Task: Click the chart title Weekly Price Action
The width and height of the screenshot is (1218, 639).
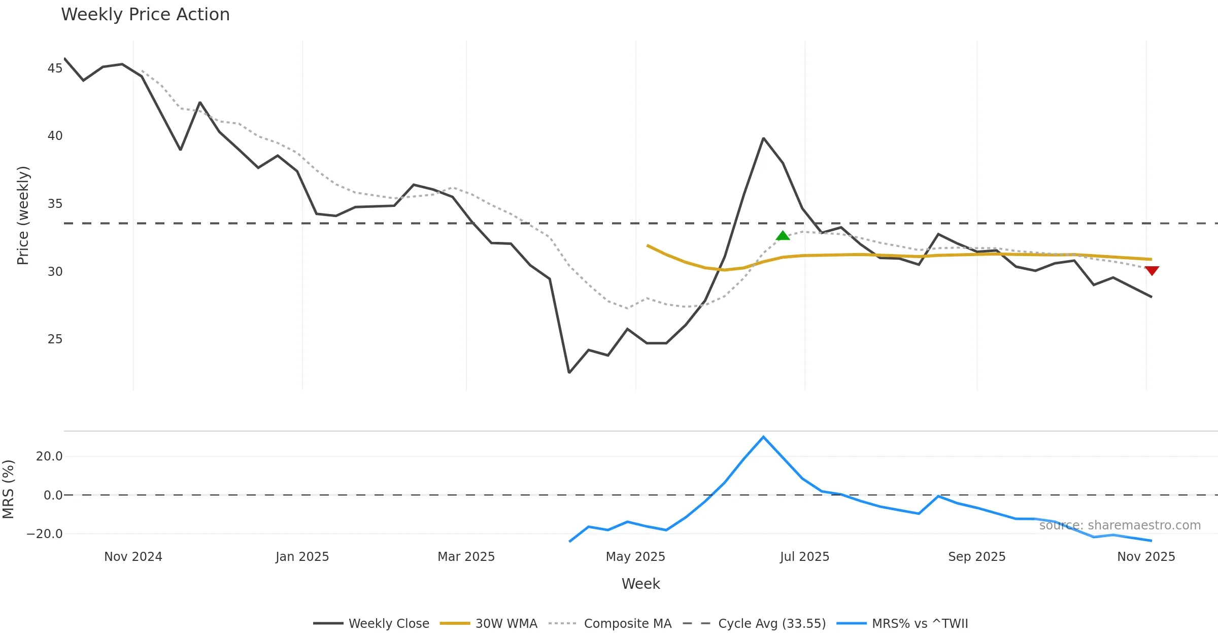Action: (145, 15)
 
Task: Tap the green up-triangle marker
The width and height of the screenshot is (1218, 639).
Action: (783, 236)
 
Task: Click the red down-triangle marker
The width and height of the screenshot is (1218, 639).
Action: (1152, 270)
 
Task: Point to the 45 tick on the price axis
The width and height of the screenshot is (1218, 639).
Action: (55, 68)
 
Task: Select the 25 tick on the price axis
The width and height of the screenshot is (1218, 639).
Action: (55, 339)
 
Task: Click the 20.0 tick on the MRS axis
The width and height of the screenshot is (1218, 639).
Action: (49, 456)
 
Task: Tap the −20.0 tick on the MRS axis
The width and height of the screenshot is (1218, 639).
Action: (45, 534)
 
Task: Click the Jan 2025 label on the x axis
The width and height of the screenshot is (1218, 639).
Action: (302, 557)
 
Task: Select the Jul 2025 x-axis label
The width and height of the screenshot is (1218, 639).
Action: (804, 557)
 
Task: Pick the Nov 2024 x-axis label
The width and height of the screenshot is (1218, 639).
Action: (133, 557)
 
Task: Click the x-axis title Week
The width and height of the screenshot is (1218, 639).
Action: (640, 584)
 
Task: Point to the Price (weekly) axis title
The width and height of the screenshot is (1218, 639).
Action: (23, 216)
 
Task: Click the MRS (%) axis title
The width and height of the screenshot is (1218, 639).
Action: (8, 489)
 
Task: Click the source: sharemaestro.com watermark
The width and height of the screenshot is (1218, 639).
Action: (1120, 525)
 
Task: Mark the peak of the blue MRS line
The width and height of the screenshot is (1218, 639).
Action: (763, 437)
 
